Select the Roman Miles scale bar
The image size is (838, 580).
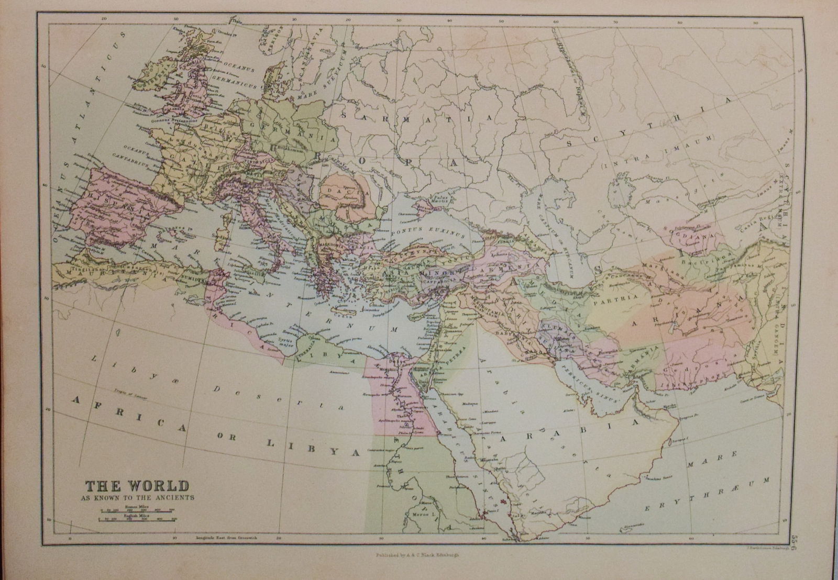[x=135, y=509]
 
